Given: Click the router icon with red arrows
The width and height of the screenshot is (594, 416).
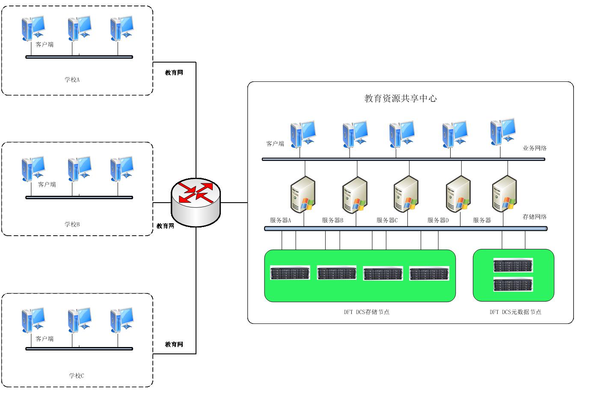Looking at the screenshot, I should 196,201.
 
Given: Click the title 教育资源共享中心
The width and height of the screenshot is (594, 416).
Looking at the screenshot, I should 400,99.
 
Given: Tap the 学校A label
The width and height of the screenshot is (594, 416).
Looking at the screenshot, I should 72,80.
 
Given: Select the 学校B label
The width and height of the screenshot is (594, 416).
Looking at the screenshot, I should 72,224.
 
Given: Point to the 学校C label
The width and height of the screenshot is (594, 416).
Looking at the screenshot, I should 77,376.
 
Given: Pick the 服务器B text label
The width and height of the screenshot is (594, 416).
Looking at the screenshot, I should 333,220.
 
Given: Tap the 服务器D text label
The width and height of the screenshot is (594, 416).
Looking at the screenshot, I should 438,220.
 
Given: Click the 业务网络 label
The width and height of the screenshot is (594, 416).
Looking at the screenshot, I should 535,148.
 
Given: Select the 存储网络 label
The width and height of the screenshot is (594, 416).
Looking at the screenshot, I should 535,217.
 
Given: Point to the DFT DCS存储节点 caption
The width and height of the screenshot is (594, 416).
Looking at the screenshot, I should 366,312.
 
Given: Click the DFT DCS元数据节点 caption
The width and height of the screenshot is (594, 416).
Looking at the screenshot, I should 515,312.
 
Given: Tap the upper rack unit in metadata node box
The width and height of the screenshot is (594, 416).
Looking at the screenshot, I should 513,266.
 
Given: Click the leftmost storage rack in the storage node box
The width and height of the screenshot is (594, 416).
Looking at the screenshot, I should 290,273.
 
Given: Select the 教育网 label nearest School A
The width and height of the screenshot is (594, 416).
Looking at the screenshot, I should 174,73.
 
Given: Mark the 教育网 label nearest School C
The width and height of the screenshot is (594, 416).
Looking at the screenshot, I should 174,344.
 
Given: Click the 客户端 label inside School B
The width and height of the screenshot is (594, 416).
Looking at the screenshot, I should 47,185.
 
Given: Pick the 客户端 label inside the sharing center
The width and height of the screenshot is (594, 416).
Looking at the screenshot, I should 275,144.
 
